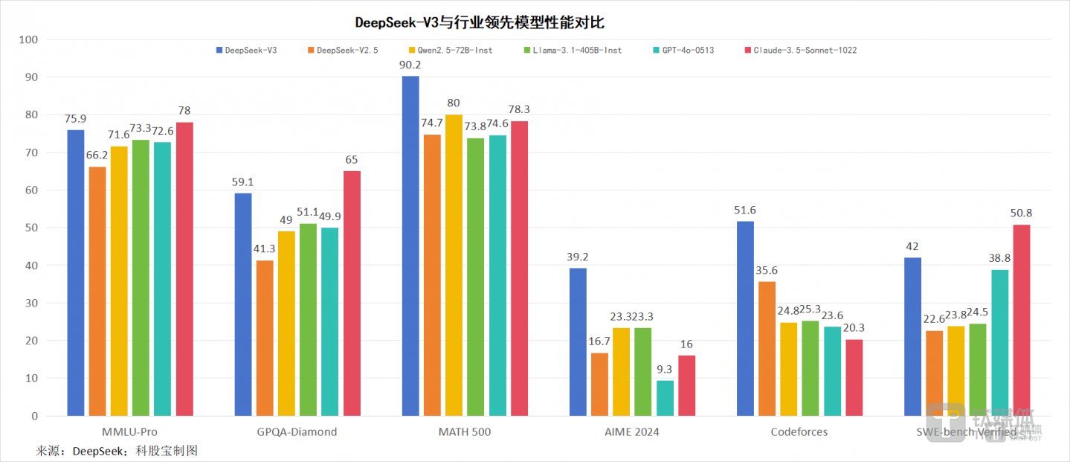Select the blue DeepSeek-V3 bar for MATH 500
point(410,246)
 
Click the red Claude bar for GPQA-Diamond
point(352,293)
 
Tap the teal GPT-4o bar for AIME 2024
point(665,398)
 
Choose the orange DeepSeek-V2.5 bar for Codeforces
point(767,348)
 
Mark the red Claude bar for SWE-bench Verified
point(1022,320)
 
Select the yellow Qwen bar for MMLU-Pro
point(119,280)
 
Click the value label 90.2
point(410,64)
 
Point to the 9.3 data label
point(665,368)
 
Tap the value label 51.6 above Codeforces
point(745,210)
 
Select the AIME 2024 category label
point(632,432)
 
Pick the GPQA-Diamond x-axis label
point(297,432)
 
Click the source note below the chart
point(117,451)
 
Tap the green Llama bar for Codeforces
point(810,368)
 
